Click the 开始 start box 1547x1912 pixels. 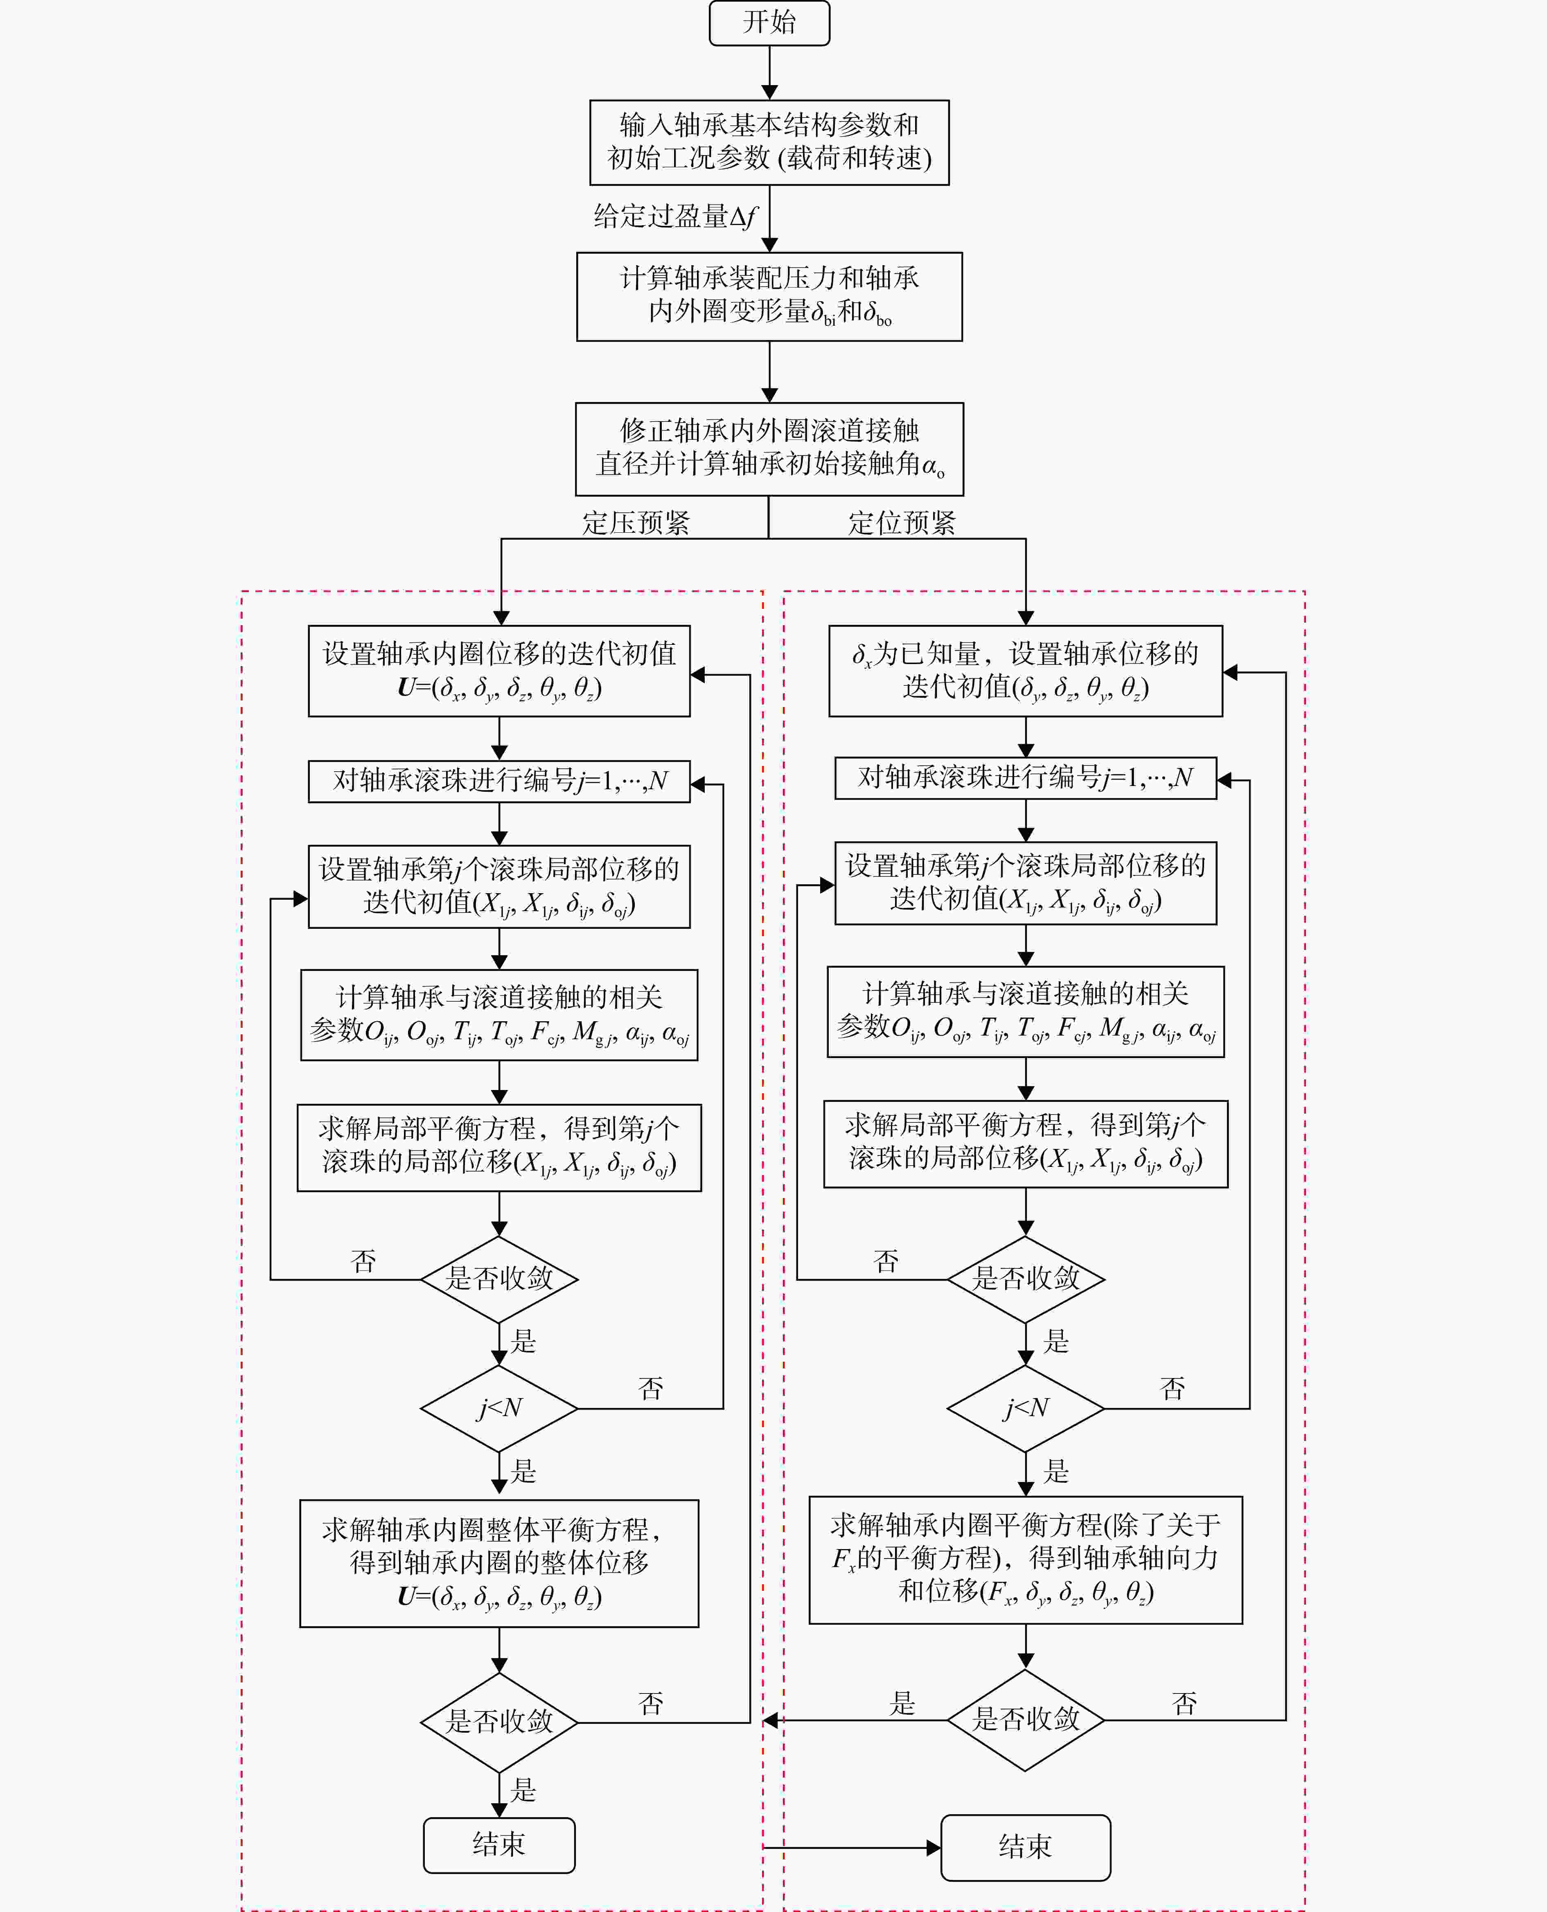coord(769,22)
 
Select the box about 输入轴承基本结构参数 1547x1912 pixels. coord(769,142)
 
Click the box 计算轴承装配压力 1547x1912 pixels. coord(769,297)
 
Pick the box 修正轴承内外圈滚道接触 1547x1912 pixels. coord(769,449)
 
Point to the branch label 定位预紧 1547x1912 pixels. coord(902,523)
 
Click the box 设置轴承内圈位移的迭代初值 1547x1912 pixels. coord(499,671)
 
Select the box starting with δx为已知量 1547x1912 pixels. coord(1026,671)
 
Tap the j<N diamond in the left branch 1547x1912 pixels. coord(499,1409)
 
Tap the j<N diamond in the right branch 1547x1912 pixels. coord(1026,1409)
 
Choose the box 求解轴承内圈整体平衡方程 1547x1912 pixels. coord(499,1564)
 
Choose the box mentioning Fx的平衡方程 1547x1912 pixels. coord(1026,1560)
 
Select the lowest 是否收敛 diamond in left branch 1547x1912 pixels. coord(499,1722)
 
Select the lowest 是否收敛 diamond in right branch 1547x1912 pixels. coord(1026,1720)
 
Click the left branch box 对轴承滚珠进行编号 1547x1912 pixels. coord(499,781)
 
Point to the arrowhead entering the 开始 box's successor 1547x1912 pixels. coord(769,92)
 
